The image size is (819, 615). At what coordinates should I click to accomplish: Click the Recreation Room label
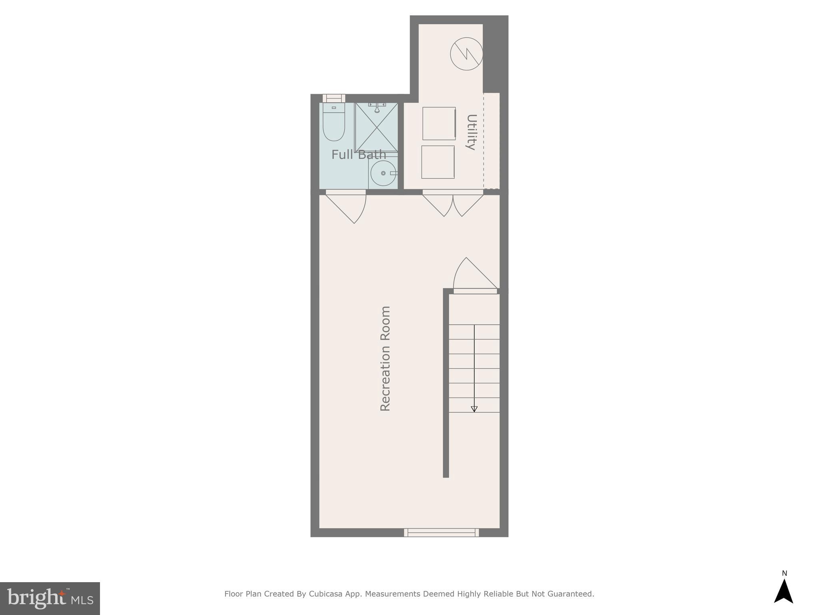(385, 358)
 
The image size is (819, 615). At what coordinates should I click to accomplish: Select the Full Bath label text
(359, 155)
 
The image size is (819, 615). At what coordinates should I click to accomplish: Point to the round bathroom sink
(383, 173)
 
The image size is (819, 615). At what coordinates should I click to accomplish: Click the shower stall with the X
(376, 127)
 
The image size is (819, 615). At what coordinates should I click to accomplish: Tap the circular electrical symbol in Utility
(466, 54)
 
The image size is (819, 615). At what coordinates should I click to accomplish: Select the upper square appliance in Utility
(439, 123)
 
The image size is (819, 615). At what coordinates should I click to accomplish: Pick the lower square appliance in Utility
(438, 162)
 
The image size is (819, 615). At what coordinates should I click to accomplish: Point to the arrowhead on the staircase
(474, 409)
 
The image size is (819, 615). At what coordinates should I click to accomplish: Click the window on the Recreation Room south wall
(441, 533)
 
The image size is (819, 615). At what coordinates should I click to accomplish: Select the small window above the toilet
(334, 98)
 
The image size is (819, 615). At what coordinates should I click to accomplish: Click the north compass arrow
(783, 591)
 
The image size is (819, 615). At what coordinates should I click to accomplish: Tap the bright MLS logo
(50, 598)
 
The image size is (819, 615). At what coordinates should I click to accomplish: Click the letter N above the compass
(784, 573)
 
